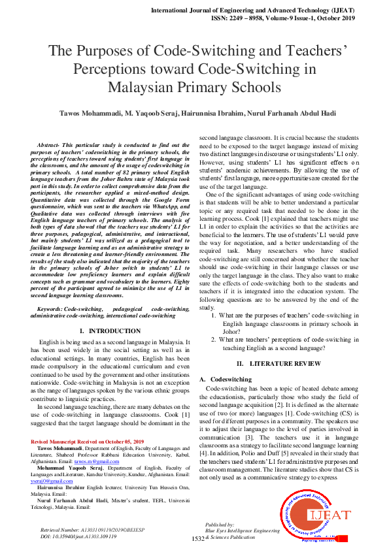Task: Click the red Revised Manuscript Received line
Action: [87, 442]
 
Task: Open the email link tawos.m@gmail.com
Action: [91, 461]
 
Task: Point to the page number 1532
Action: [198, 539]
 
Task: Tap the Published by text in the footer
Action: [219, 525]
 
